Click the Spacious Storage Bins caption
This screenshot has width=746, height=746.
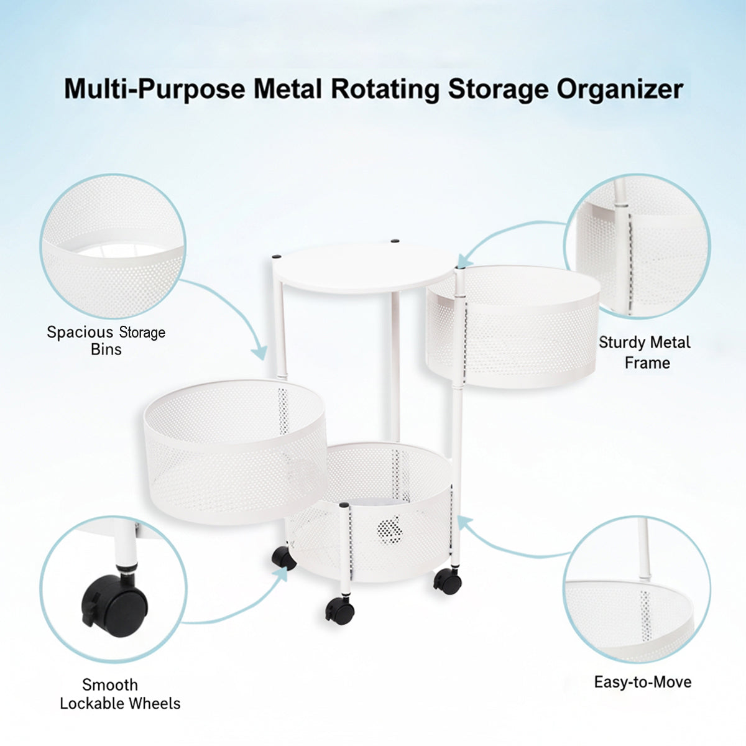pyautogui.click(x=106, y=341)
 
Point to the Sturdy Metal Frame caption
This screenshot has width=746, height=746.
pyautogui.click(x=645, y=352)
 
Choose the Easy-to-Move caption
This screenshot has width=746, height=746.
pyautogui.click(x=643, y=682)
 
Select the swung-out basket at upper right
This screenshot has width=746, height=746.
pyautogui.click(x=513, y=326)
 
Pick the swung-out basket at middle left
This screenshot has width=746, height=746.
pyautogui.click(x=235, y=452)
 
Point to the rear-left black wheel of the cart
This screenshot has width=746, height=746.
pyautogui.click(x=283, y=558)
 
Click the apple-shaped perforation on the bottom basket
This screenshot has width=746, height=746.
pyautogui.click(x=390, y=530)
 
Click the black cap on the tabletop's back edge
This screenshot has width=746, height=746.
pyautogui.click(x=395, y=241)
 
